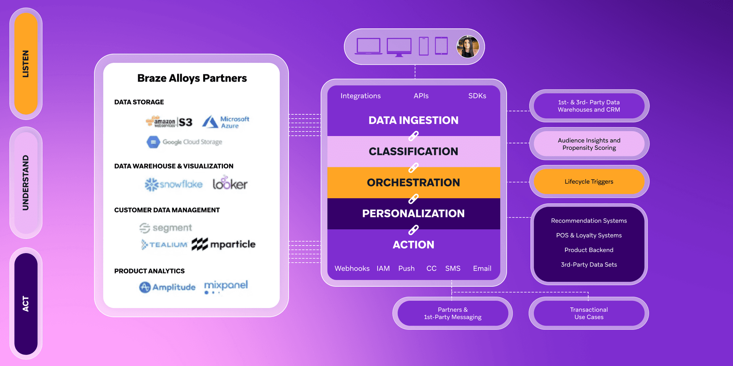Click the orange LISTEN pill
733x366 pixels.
tap(26, 64)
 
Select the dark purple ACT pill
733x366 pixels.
tap(26, 304)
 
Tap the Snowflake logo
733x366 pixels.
tap(174, 185)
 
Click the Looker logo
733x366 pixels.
tap(230, 184)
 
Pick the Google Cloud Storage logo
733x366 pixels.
tap(184, 142)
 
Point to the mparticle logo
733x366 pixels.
tap(224, 244)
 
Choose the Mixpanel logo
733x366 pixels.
tap(226, 286)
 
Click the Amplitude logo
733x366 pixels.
tap(167, 287)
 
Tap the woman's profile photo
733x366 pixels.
tap(467, 47)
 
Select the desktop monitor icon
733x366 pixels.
tap(399, 47)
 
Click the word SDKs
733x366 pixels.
tap(477, 96)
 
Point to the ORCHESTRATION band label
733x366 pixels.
tap(413, 183)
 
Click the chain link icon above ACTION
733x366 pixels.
tap(413, 230)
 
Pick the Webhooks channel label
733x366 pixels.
tap(352, 268)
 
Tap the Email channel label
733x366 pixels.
tap(482, 268)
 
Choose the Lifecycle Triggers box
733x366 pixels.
tap(589, 182)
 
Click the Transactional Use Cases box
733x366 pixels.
tap(589, 313)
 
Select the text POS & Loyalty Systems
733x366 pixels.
tap(589, 236)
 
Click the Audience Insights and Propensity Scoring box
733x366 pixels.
tap(589, 144)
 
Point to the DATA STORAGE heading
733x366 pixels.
tap(139, 102)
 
